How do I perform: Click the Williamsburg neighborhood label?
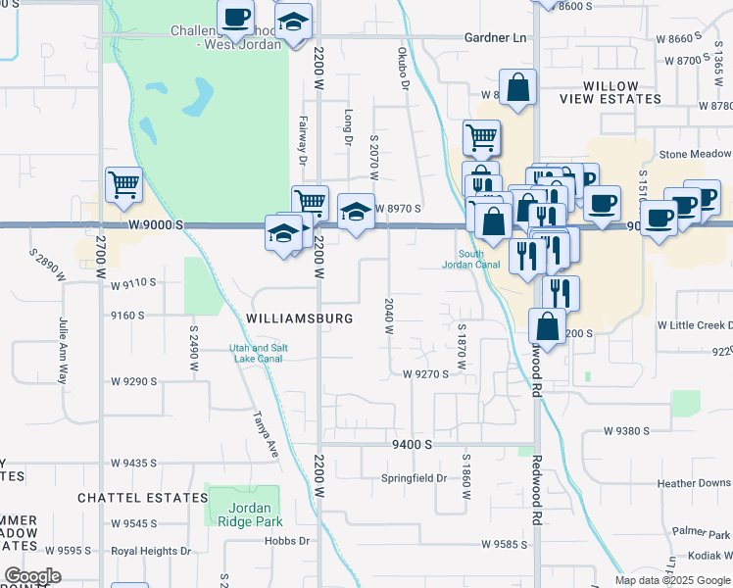coord(300,318)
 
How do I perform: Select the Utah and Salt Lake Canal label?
coord(256,353)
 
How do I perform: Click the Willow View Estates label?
coord(611,93)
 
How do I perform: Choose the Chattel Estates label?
coord(129,498)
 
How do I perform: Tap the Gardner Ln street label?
coord(495,37)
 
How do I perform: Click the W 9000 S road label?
coord(156,224)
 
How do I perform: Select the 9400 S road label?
coord(413,444)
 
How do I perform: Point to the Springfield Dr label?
coord(414,479)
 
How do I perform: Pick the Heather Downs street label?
coord(694,483)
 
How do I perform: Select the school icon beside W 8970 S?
coord(355,212)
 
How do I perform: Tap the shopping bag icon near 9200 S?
coord(549,325)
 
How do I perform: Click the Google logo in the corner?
coord(31,575)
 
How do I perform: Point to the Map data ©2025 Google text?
coord(671,580)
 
